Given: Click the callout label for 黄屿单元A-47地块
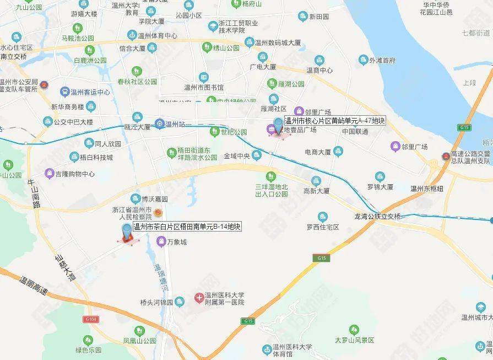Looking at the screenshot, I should coord(334,121).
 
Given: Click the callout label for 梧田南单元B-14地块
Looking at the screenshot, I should coord(187,227).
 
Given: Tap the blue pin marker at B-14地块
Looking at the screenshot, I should coord(127,232).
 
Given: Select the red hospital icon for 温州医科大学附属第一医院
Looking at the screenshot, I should coord(199,298).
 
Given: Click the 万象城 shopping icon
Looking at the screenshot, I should coord(161,241).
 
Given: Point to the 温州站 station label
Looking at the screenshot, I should coord(175,123).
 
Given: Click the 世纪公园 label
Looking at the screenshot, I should coord(234,132).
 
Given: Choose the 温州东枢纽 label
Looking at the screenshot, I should coord(427,188).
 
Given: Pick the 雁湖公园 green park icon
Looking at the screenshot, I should coord(272,84).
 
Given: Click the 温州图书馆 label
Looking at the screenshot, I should coord(204,87).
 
